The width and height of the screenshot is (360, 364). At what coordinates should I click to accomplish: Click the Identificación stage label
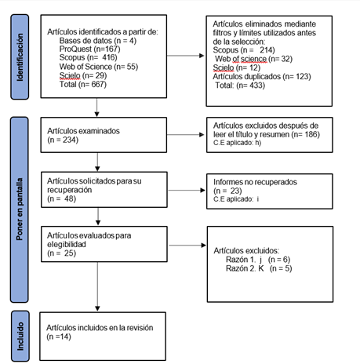pyautogui.click(x=20, y=57)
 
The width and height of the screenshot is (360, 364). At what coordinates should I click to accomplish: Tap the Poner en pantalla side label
pyautogui.click(x=20, y=209)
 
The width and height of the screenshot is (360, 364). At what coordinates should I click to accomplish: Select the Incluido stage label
pyautogui.click(x=20, y=336)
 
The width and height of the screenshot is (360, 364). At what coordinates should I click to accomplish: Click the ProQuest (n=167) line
pyautogui.click(x=89, y=49)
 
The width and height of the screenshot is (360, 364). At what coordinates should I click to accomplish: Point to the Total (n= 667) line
pyautogui.click(x=83, y=85)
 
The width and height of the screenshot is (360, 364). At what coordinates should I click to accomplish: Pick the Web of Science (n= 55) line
pyautogui.click(x=99, y=67)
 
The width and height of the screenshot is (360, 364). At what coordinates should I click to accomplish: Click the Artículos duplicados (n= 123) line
pyautogui.click(x=262, y=77)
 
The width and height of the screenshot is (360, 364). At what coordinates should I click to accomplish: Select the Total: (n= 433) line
pyautogui.click(x=240, y=86)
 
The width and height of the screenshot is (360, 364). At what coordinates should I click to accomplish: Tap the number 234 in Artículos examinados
pyautogui.click(x=71, y=140)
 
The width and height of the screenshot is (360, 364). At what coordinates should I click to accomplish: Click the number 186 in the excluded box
pyautogui.click(x=308, y=134)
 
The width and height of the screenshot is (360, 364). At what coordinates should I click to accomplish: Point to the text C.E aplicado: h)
pyautogui.click(x=237, y=143)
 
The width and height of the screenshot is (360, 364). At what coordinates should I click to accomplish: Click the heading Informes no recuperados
pyautogui.click(x=255, y=182)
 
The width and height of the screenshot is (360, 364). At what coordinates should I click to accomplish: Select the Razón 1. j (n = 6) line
pyautogui.click(x=258, y=260)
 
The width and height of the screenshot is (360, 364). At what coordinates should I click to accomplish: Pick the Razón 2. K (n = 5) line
pyautogui.click(x=259, y=268)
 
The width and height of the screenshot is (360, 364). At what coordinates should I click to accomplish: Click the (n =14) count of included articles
pyautogui.click(x=59, y=337)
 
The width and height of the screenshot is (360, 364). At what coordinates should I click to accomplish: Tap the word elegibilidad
pyautogui.click(x=67, y=245)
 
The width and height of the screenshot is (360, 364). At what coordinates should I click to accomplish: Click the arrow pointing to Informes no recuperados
pyautogui.click(x=187, y=191)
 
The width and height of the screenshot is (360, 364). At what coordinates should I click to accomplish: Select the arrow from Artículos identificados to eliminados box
pyautogui.click(x=186, y=56)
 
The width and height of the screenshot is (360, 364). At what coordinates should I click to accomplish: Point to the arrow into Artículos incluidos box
pyautogui.click(x=97, y=286)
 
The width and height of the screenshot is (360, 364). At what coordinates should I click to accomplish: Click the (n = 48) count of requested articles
pyautogui.click(x=62, y=199)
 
